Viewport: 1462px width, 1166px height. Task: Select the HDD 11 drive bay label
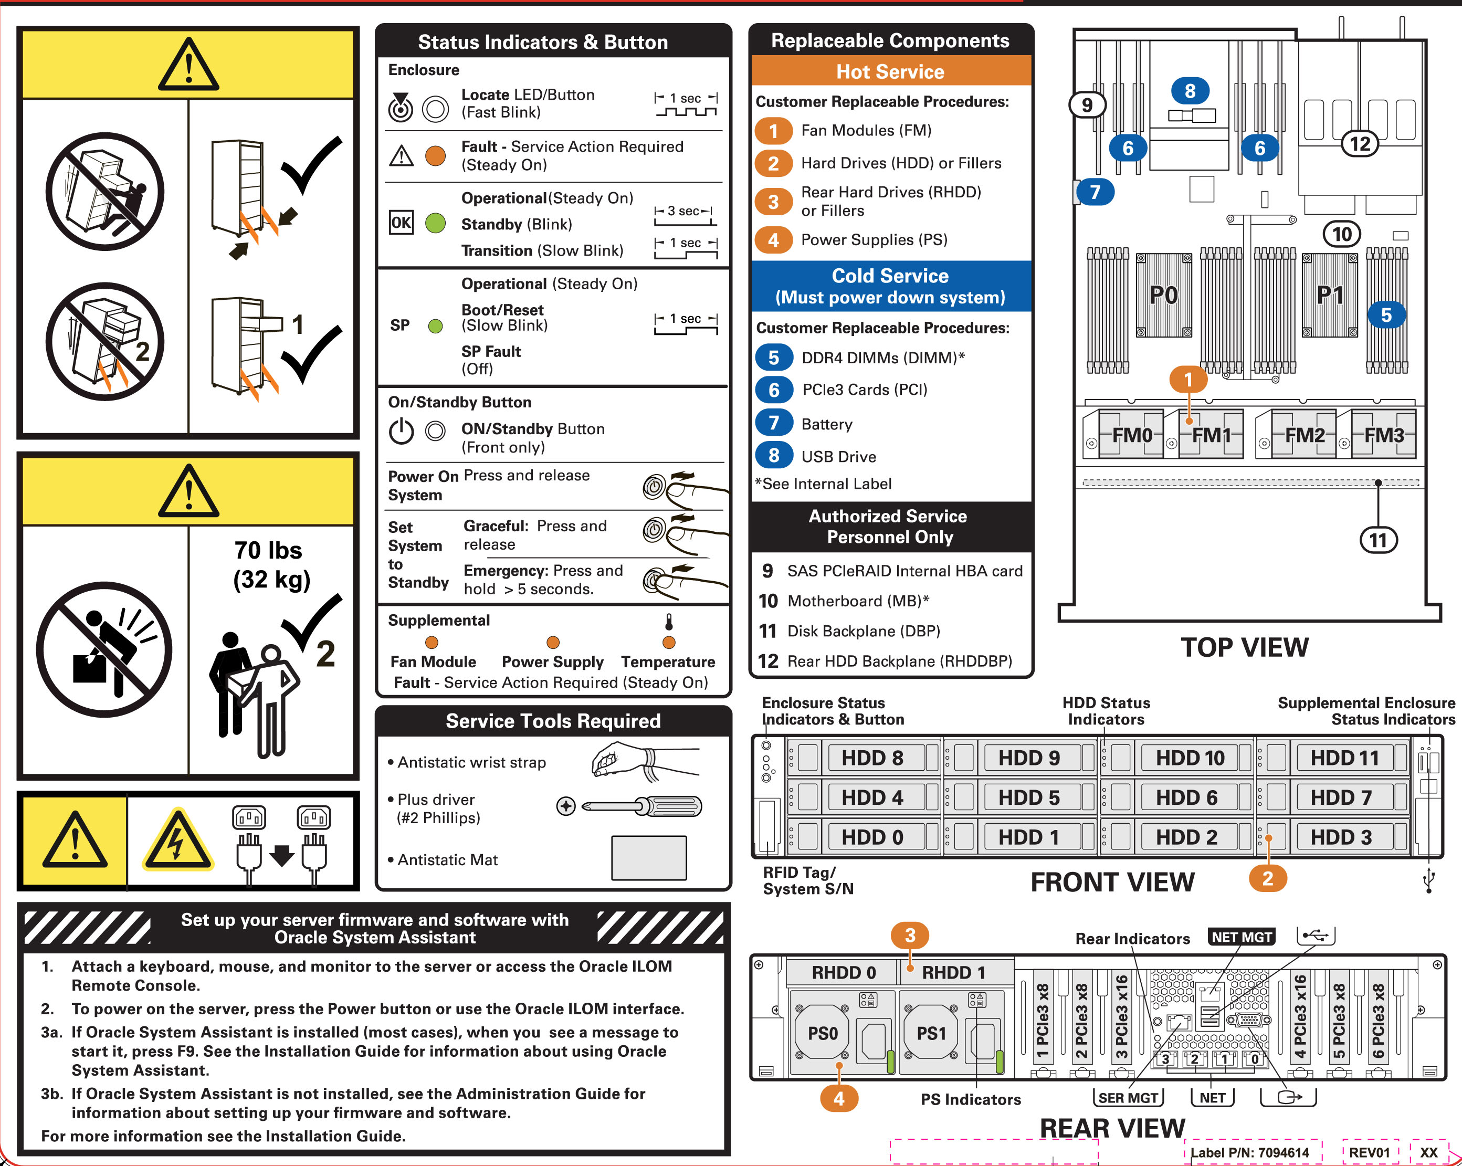[x=1344, y=758]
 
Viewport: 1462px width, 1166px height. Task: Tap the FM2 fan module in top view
[x=1304, y=435]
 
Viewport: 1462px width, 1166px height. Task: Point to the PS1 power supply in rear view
[x=931, y=1033]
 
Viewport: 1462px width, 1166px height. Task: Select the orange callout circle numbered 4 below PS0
[x=839, y=1098]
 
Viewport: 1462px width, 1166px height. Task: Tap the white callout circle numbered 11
[x=1378, y=540]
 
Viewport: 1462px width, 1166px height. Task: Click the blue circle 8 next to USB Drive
[x=774, y=456]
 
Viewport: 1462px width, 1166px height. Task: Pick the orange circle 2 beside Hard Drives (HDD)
[x=774, y=163]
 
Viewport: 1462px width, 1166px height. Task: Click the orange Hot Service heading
[x=890, y=71]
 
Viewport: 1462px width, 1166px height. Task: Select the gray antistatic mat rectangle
[x=649, y=857]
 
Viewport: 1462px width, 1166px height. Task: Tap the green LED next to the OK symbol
[x=435, y=223]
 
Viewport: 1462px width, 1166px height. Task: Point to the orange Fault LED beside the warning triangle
[x=435, y=156]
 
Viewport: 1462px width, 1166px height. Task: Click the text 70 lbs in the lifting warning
[x=269, y=550]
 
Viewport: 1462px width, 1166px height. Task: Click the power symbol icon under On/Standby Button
[x=402, y=430]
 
